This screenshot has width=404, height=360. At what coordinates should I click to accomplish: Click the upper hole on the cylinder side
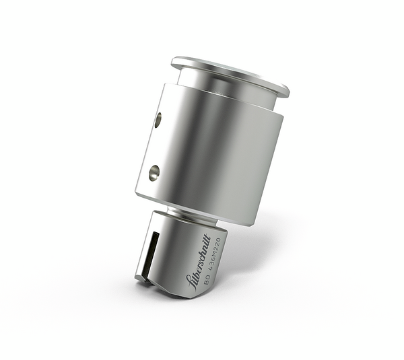pos(158,120)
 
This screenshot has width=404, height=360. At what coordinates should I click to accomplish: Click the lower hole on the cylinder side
pos(154,173)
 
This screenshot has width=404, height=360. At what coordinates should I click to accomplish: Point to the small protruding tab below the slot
pos(141,276)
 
